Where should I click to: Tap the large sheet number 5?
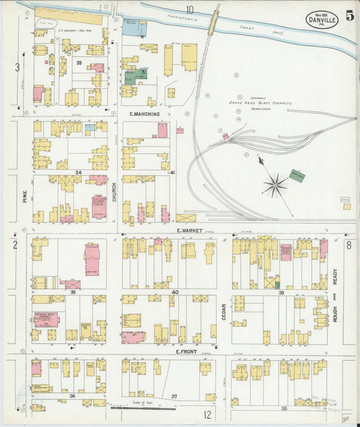point(349,16)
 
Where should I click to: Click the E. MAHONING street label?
point(145,115)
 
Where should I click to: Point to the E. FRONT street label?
point(186,352)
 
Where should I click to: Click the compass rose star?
point(275,185)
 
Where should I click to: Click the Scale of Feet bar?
point(144,407)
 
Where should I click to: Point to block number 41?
point(172,173)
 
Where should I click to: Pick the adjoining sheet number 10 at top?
point(190,9)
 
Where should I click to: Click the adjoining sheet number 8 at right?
point(349,245)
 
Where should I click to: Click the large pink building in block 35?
point(91,259)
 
